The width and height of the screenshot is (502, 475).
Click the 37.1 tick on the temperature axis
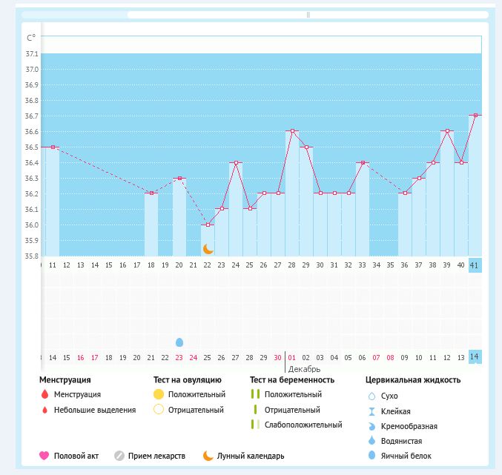(x=32, y=54)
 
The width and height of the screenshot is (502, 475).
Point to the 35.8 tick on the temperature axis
(x=32, y=256)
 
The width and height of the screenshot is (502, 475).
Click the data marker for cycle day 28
(x=292, y=131)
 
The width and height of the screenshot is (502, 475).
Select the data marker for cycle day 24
(x=236, y=162)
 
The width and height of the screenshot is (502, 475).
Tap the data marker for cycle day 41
(x=475, y=116)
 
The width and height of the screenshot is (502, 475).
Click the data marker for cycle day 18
(x=151, y=193)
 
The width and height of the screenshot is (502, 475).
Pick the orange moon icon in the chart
(x=208, y=249)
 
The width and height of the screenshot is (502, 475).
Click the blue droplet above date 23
(x=179, y=342)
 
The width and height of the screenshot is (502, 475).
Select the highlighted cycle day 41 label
(x=475, y=265)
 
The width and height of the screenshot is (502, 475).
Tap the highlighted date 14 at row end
(x=475, y=357)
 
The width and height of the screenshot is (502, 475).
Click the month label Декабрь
(x=304, y=368)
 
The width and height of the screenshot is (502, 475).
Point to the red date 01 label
(x=291, y=357)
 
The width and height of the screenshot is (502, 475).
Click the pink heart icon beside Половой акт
(x=44, y=456)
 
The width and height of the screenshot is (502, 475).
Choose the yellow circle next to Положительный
(x=158, y=394)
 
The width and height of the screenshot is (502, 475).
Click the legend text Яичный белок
(x=406, y=456)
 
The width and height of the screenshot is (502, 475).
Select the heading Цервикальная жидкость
(x=413, y=380)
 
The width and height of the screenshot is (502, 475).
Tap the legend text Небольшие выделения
(x=95, y=410)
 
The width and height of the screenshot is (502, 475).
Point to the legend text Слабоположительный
(x=303, y=425)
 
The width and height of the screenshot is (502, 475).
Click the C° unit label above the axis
(x=31, y=38)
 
